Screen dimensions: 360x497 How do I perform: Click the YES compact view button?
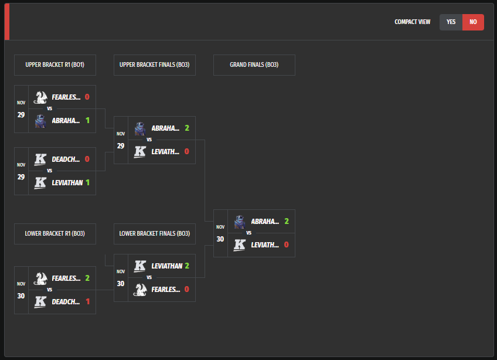(x=451, y=22)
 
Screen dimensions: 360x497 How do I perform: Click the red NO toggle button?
(x=473, y=22)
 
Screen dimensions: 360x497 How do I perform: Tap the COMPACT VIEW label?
(x=412, y=22)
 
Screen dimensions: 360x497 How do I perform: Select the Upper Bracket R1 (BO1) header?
(x=55, y=65)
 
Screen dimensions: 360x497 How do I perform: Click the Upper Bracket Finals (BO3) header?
(x=155, y=65)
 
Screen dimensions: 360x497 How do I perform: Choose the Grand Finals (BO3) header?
(x=254, y=65)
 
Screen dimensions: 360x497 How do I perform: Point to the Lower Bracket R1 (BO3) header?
(x=55, y=233)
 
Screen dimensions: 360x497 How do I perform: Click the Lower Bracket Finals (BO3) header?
(x=155, y=233)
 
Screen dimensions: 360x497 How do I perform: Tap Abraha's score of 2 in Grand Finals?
(x=287, y=222)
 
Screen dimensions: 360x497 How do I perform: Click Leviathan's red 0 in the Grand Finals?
(x=287, y=245)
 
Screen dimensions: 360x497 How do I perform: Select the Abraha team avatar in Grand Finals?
(x=240, y=222)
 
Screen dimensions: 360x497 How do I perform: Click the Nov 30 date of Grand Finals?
(x=220, y=233)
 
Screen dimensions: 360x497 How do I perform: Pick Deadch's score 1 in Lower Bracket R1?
(x=87, y=302)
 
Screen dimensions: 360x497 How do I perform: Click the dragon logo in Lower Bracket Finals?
(x=140, y=289)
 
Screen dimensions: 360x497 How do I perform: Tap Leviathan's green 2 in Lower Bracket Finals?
(x=187, y=266)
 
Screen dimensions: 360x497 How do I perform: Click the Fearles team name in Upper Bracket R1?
(x=66, y=97)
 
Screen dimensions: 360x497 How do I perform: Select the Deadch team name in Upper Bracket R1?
(x=66, y=159)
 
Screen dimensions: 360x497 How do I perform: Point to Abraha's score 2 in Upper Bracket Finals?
(x=187, y=128)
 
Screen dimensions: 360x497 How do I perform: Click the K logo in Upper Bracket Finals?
(x=140, y=151)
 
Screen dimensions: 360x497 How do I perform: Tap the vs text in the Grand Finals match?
(x=249, y=233)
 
